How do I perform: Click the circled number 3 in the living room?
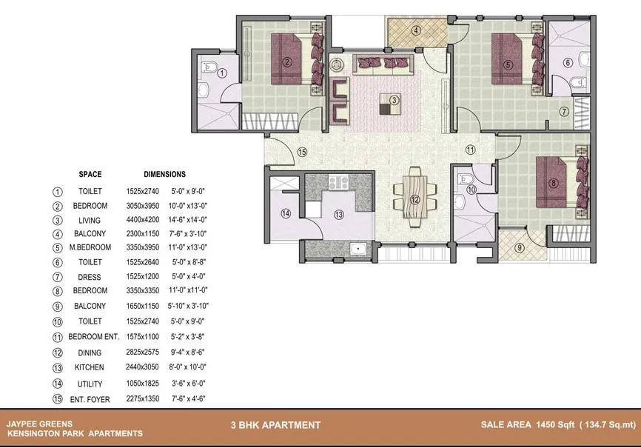coord(394,100)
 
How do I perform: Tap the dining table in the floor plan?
coord(415,196)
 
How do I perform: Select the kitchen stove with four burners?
coord(338,182)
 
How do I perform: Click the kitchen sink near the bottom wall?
coord(358,248)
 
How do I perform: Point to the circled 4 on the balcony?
coord(416,30)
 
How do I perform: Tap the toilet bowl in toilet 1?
coord(209,67)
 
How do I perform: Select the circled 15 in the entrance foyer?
coord(302,153)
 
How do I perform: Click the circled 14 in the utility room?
coord(286,213)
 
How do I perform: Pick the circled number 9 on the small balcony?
coord(519,247)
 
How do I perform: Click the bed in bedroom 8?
coord(562,182)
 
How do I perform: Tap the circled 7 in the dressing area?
coord(564,111)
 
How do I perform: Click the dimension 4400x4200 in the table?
coord(143,220)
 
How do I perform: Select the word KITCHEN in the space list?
coord(89,367)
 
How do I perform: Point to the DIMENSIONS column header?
coord(165,174)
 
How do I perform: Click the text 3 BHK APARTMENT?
coord(275,425)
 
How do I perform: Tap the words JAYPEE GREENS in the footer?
coord(39,424)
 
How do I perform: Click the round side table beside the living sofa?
coord(337,64)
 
